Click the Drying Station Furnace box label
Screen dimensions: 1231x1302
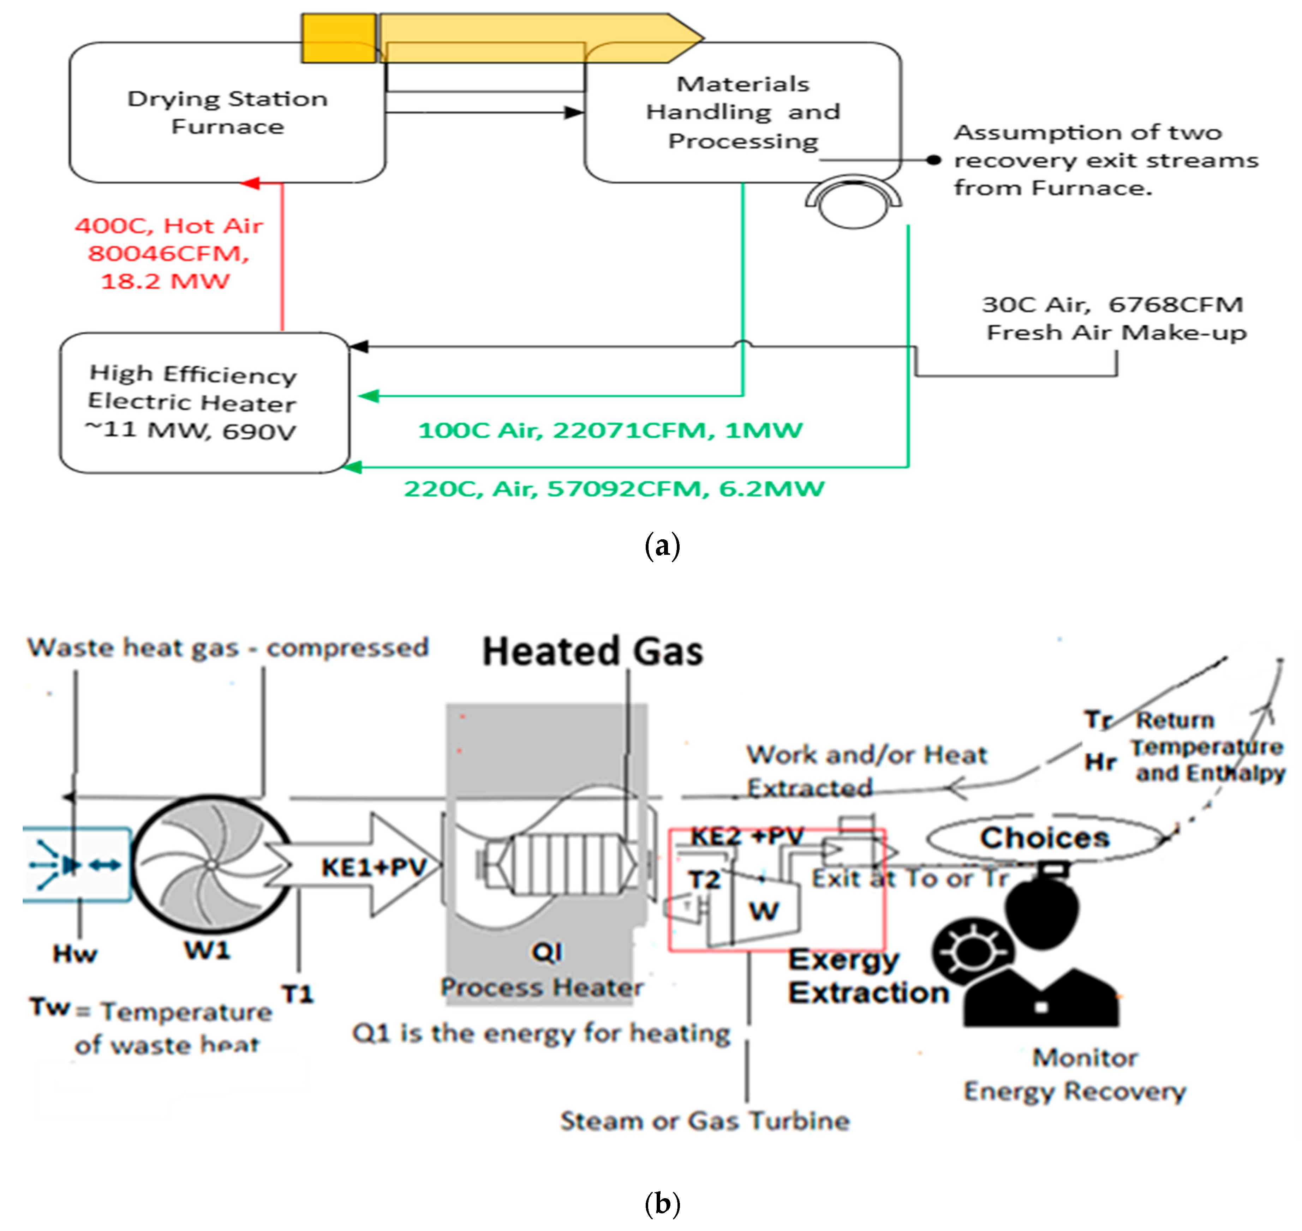click(x=227, y=112)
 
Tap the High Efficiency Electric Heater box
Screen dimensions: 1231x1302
click(x=203, y=402)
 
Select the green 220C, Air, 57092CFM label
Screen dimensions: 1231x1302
click(x=614, y=489)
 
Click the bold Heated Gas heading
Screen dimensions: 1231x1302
click(x=593, y=651)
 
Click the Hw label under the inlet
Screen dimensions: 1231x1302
click(x=75, y=954)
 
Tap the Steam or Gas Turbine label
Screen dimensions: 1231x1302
click(x=705, y=1121)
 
